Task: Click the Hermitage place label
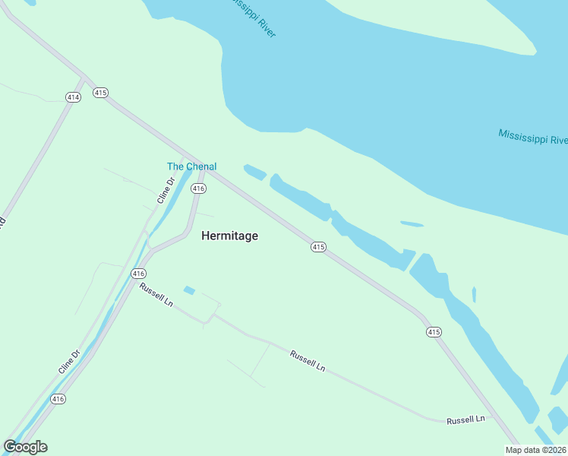pyautogui.click(x=229, y=236)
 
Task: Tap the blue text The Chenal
pyautogui.click(x=191, y=166)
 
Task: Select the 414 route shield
pyautogui.click(x=73, y=97)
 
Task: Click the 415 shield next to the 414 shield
pyautogui.click(x=100, y=92)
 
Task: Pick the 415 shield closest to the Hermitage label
pyautogui.click(x=318, y=247)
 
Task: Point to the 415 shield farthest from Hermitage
pyautogui.click(x=434, y=331)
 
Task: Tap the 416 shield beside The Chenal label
pyautogui.click(x=198, y=188)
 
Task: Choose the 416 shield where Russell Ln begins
pyautogui.click(x=137, y=273)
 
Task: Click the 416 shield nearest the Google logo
pyautogui.click(x=58, y=398)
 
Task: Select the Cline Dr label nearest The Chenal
pyautogui.click(x=166, y=190)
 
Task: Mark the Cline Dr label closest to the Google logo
pyautogui.click(x=69, y=362)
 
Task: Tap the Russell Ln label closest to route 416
pyautogui.click(x=156, y=294)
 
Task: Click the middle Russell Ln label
pyautogui.click(x=308, y=360)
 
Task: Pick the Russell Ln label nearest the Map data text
pyautogui.click(x=465, y=420)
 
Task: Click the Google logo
pyautogui.click(x=25, y=447)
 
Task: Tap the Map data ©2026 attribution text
pyautogui.click(x=536, y=450)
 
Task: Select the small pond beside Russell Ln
pyautogui.click(x=189, y=290)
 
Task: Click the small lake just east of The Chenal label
pyautogui.click(x=254, y=173)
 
